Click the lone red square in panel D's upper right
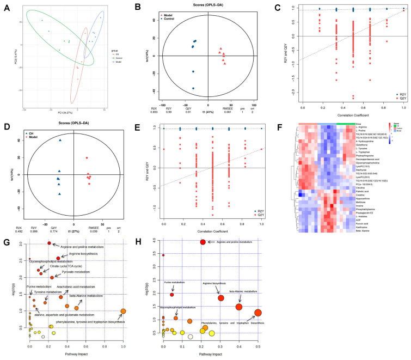(86, 158)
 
